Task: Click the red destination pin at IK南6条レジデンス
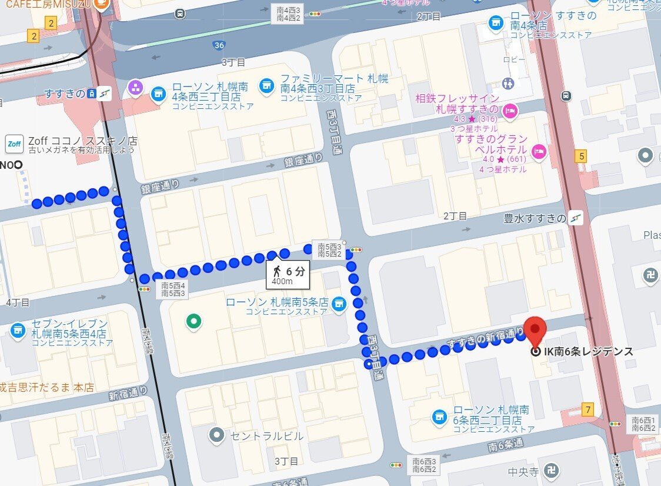click(535, 331)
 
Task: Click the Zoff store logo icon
click(14, 144)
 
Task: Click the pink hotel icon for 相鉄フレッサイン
click(510, 109)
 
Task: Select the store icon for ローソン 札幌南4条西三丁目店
click(158, 94)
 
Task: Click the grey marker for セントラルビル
click(217, 436)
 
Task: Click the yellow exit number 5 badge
click(582, 157)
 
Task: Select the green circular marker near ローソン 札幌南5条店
click(192, 321)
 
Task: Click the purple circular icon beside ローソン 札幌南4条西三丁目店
click(136, 88)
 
